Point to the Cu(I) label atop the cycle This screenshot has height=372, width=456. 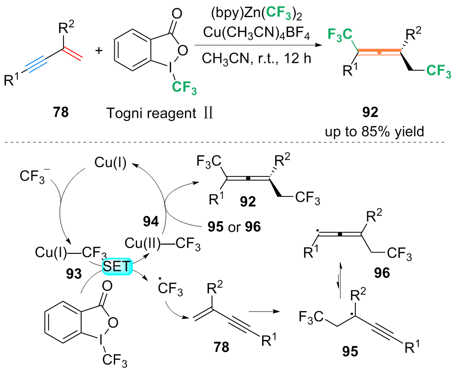111,163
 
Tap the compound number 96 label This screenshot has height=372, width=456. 385,272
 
